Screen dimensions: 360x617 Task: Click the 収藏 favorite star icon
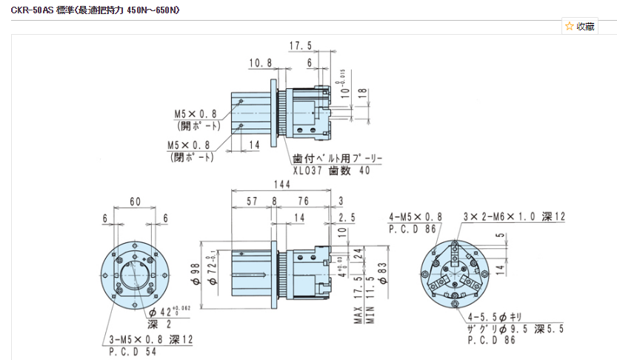point(569,26)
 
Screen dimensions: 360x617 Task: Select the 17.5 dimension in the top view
point(300,46)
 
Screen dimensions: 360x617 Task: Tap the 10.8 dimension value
point(261,63)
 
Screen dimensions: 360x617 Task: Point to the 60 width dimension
point(136,201)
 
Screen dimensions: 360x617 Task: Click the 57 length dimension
point(251,201)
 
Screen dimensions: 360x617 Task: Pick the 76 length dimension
point(304,201)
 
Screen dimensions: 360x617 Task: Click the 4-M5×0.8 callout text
point(416,216)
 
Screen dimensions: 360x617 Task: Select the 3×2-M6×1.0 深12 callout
point(513,216)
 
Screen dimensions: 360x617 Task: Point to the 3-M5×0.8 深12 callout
point(141,339)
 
